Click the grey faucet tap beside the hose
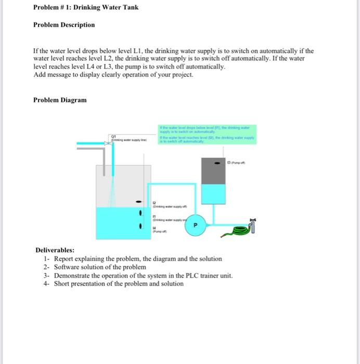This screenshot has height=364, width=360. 254,225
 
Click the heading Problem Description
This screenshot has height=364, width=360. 64,25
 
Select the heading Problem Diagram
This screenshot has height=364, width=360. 60,100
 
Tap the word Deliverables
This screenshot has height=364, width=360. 55,250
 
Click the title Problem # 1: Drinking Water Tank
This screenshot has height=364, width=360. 86,8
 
